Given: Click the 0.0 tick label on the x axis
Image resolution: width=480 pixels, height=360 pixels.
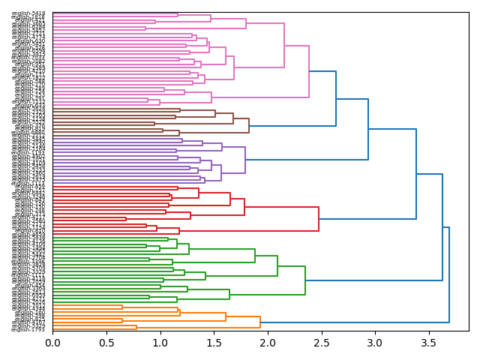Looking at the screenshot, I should pyautogui.click(x=52, y=343).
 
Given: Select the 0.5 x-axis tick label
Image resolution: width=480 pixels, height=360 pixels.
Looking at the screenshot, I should pyautogui.click(x=106, y=343).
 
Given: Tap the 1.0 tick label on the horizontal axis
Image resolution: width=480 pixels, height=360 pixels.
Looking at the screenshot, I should pyautogui.click(x=160, y=343).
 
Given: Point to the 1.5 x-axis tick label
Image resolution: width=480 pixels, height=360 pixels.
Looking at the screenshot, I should pyautogui.click(x=214, y=343).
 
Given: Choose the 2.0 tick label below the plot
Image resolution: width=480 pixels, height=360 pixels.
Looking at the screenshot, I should pyautogui.click(x=267, y=343).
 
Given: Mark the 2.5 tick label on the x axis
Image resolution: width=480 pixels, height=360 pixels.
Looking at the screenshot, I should pyautogui.click(x=321, y=343).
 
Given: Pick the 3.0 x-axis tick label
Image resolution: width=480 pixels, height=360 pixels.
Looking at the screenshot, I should pyautogui.click(x=374, y=343).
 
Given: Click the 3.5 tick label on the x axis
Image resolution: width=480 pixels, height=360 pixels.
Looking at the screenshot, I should pyautogui.click(x=428, y=343).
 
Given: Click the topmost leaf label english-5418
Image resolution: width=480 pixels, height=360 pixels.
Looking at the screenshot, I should pyautogui.click(x=28, y=13).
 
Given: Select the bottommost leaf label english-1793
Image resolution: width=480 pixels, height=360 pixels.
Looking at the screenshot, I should pyautogui.click(x=28, y=329).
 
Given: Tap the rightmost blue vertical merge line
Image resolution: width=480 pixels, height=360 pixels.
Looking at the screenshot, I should pyautogui.click(x=449, y=274).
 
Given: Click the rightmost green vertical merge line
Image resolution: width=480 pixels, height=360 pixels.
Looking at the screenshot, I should pyautogui.click(x=305, y=280).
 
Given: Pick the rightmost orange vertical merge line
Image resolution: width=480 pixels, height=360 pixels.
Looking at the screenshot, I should pyautogui.click(x=260, y=322).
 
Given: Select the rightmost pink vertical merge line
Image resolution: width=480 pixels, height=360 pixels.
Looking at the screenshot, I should pyautogui.click(x=309, y=71).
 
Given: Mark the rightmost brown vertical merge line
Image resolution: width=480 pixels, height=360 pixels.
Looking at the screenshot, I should pyautogui.click(x=249, y=126).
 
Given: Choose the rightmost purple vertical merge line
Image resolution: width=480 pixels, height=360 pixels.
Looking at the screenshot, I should pyautogui.click(x=245, y=159).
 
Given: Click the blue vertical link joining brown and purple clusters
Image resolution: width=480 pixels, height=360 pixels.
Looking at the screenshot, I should pyautogui.click(x=368, y=129).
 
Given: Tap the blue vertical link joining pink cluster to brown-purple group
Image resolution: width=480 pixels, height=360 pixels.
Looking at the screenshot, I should pyautogui.click(x=336, y=100).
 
